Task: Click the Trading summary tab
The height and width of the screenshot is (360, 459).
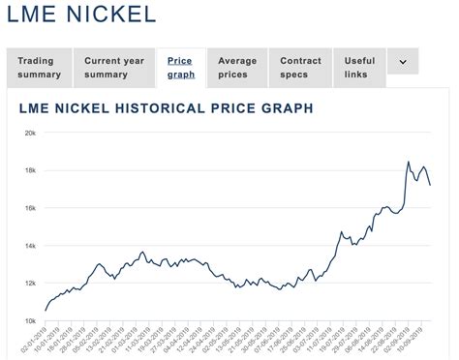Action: pos(39,68)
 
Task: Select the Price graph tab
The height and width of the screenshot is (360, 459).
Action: pos(180,68)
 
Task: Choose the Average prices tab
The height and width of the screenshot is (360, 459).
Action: pos(237,68)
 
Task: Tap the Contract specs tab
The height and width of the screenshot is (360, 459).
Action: pos(300,68)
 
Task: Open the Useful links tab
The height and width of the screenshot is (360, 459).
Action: pos(359,68)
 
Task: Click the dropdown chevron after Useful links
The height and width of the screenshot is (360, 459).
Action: pos(403,62)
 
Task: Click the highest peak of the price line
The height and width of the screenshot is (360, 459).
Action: pos(408,162)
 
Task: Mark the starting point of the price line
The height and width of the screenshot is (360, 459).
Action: pos(44,312)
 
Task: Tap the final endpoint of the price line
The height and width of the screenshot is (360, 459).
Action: pos(430,185)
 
